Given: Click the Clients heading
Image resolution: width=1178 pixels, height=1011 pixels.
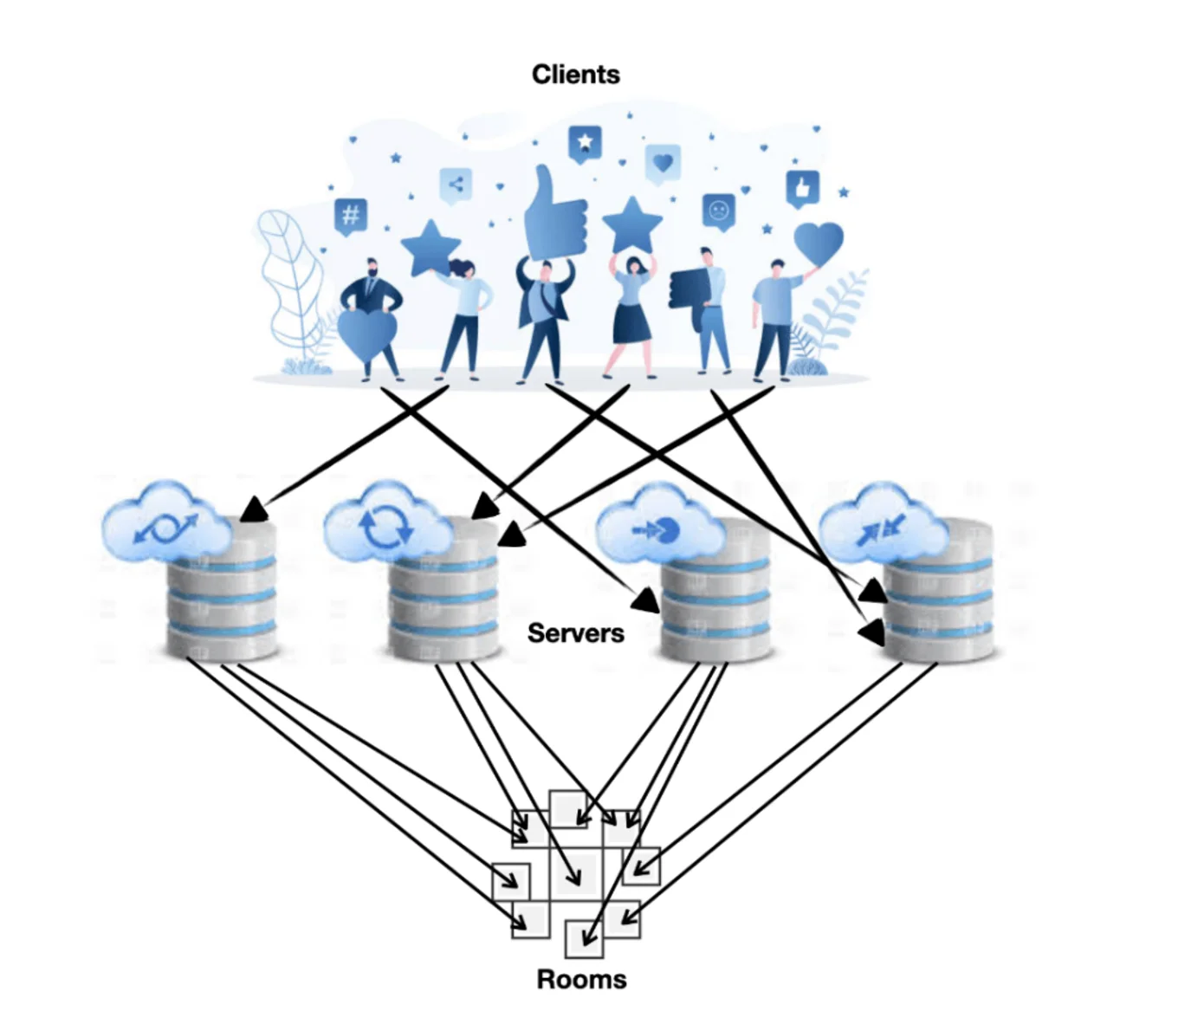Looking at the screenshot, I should [575, 75].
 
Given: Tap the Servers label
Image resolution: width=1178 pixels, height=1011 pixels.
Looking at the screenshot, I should [575, 633].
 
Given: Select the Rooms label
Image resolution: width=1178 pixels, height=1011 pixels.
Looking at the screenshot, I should [581, 979].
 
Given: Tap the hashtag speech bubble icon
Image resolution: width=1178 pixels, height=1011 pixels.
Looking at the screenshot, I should [351, 215].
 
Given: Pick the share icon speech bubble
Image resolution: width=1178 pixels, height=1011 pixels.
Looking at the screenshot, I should [456, 185].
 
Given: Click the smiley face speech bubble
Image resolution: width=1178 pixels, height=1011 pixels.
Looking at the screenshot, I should [718, 211].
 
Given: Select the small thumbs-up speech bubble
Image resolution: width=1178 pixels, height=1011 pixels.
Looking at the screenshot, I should [802, 188].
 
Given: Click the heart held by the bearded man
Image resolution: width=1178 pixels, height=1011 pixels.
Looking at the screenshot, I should [366, 334].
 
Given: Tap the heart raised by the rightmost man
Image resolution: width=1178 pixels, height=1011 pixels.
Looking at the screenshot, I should [818, 243].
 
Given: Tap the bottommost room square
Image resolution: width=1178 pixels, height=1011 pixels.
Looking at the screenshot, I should [583, 939].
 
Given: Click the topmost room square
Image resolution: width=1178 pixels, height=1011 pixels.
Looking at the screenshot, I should [570, 809].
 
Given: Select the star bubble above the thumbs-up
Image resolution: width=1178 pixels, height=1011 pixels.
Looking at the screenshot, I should [585, 143].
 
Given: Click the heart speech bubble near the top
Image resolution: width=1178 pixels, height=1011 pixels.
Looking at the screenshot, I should [663, 162].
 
